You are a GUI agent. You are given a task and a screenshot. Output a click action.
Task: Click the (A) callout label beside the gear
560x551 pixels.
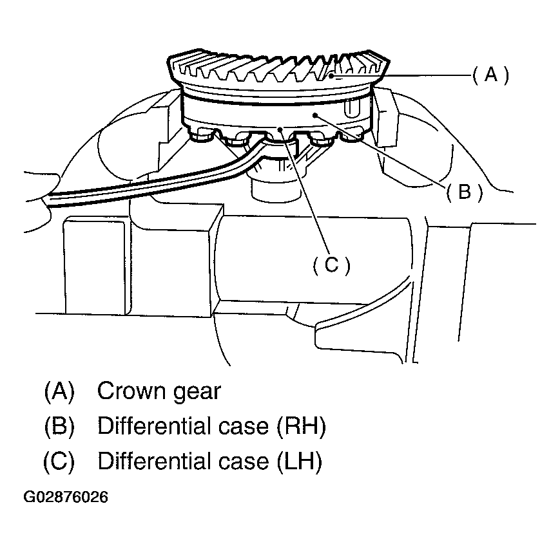tap(490, 76)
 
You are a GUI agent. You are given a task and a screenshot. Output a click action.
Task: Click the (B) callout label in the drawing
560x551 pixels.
tap(463, 192)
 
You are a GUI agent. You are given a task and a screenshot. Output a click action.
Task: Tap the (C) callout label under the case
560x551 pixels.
tap(330, 265)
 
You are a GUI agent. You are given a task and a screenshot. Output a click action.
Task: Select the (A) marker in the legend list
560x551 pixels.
tap(59, 391)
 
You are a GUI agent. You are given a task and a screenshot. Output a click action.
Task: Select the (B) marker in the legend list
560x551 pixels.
tap(59, 426)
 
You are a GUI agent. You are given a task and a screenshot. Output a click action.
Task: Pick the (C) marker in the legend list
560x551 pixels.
tap(59, 462)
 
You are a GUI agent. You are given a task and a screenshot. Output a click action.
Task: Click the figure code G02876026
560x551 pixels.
tap(66, 498)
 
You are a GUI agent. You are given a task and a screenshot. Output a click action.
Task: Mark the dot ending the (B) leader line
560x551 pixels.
tap(315, 115)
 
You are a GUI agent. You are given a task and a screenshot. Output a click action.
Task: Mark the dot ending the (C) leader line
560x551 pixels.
tap(280, 129)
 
